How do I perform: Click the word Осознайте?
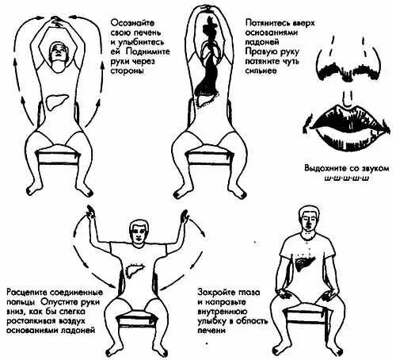pos(132,23)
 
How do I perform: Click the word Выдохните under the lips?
pos(325,169)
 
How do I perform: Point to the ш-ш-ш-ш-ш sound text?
pos(346,178)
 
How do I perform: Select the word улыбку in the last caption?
pos(212,321)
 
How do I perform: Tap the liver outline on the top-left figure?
pos(57,102)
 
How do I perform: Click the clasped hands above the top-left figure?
pos(58,21)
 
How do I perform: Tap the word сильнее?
pos(261,71)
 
